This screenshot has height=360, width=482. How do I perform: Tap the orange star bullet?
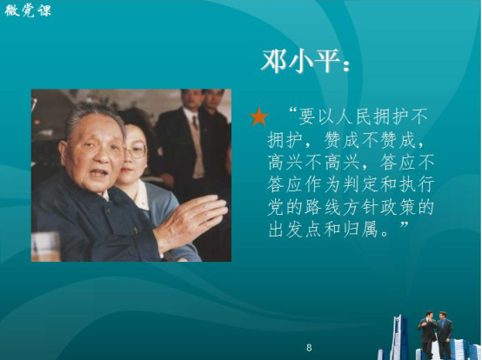[258, 117]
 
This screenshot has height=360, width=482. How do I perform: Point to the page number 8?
[309, 348]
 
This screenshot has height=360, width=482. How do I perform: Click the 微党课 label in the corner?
[28, 10]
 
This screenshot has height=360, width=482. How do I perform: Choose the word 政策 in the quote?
[397, 207]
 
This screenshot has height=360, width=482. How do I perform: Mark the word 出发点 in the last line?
[295, 230]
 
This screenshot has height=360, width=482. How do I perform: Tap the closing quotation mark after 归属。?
[405, 225]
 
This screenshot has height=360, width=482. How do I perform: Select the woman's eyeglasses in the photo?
[135, 150]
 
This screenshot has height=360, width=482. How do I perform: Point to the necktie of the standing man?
[194, 123]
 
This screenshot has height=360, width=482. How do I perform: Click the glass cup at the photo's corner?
[45, 246]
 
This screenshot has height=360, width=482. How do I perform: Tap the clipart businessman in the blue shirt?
[445, 335]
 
